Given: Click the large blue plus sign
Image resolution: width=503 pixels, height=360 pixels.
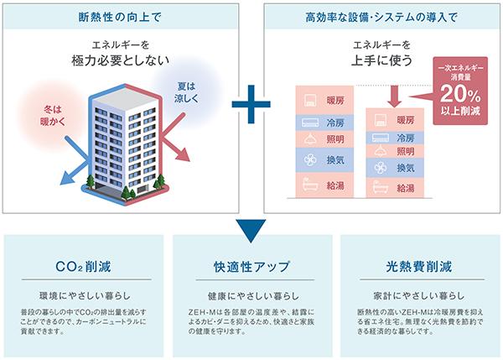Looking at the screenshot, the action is (x=251, y=104).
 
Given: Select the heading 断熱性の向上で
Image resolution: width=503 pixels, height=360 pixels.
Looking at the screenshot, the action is (x=120, y=17).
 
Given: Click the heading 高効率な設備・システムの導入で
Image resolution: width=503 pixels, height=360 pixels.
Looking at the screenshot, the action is (x=381, y=17).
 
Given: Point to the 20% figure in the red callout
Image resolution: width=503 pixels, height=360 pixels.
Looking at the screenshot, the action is (x=460, y=94).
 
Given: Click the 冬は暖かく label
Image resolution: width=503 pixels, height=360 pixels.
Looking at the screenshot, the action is (x=53, y=116).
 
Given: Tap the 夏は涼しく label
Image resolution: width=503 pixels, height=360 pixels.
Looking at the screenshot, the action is (x=187, y=92).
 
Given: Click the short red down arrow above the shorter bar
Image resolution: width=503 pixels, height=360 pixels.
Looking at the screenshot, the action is (x=395, y=96).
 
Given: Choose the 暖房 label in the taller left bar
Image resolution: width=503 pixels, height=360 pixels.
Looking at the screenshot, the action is (x=335, y=101).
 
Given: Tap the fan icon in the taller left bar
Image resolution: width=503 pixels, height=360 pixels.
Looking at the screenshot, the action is (x=310, y=159).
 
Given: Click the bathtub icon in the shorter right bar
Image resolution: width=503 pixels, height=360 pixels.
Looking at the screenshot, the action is (x=381, y=187).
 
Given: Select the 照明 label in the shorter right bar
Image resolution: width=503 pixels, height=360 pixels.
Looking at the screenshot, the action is (x=406, y=151).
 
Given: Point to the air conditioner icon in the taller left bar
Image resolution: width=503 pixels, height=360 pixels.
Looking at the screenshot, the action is (x=310, y=123).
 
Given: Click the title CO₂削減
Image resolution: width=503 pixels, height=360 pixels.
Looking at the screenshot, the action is (x=83, y=267).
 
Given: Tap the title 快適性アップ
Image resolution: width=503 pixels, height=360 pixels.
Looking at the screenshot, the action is (x=251, y=267).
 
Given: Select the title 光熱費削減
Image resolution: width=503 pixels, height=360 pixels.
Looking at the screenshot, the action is (x=419, y=267).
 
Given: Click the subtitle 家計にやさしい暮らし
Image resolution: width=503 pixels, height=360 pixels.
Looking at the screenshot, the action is (x=419, y=295).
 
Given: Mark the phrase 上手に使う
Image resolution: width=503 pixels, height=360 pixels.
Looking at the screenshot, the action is (x=381, y=60).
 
